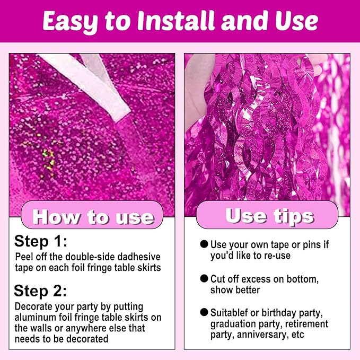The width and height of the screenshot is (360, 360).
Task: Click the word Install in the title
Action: coord(176,21)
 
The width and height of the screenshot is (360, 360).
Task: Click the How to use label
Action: coord(93,216)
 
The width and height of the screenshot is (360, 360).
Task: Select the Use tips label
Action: coord(269,216)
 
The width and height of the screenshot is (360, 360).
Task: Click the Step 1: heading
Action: coord(41,242)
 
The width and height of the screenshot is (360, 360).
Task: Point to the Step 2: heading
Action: coord(40,291)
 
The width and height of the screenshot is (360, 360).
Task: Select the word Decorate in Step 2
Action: coord(33,306)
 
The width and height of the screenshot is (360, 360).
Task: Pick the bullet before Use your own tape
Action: coord(204,244)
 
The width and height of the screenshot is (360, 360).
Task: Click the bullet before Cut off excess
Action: coord(204,278)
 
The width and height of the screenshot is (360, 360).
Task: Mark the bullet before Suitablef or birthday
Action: coord(204,312)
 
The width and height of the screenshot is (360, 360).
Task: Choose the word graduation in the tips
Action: coord(233,324)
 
